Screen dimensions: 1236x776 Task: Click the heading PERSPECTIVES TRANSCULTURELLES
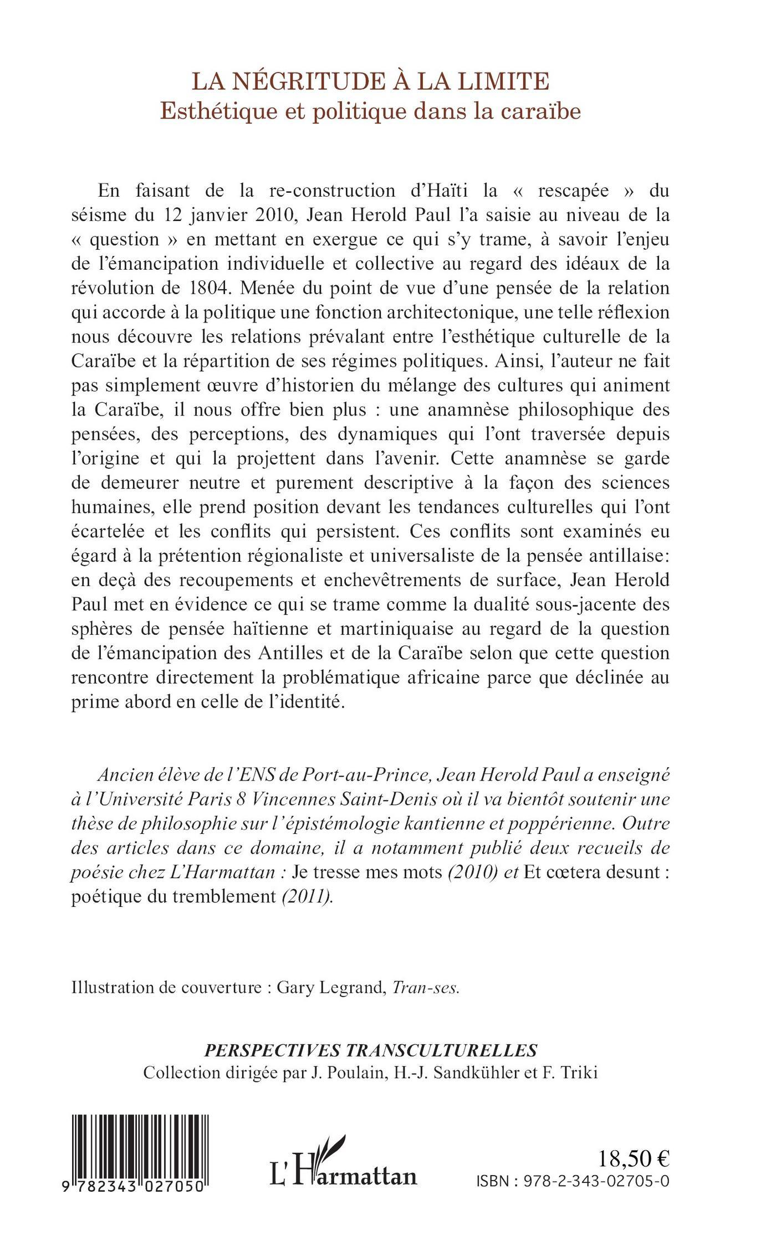[371, 1050]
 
